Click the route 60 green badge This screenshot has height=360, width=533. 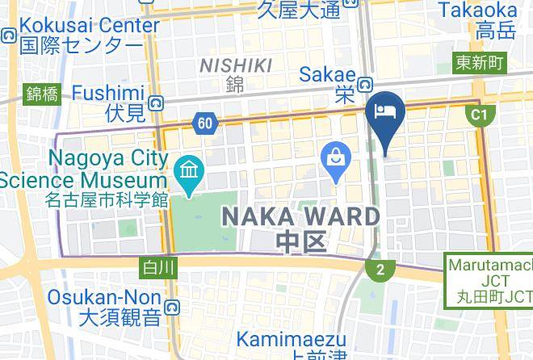(x=205, y=123)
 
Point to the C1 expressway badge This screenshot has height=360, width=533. (x=481, y=115)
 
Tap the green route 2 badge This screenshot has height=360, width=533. (x=380, y=269)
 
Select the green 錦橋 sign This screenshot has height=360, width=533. (x=42, y=94)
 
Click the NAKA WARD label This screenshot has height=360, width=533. (x=300, y=216)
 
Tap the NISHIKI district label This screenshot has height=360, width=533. (x=235, y=65)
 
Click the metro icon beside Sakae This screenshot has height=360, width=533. (x=366, y=84)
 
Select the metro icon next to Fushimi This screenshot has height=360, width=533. (x=154, y=103)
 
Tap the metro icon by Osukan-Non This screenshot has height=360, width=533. (x=171, y=307)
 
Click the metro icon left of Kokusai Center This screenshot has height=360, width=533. (x=9, y=36)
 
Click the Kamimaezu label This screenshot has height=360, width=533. (x=292, y=340)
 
